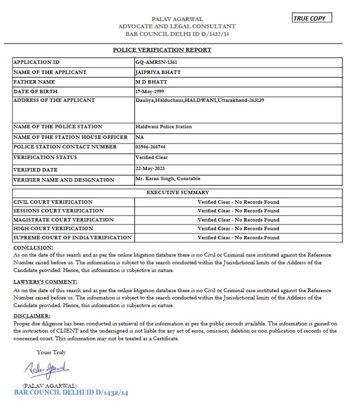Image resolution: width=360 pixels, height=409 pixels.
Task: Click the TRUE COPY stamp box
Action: (x=312, y=18)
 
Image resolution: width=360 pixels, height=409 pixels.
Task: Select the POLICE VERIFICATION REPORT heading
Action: (x=162, y=50)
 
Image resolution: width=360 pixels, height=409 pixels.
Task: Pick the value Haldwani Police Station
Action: (x=163, y=127)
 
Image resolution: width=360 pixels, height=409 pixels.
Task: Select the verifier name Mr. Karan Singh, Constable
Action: (x=168, y=179)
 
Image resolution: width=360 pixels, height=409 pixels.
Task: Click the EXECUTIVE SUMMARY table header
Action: (x=177, y=193)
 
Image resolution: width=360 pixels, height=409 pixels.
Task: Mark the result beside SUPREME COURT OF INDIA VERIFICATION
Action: (x=238, y=238)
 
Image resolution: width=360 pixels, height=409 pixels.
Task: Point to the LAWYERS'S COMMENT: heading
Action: (x=45, y=282)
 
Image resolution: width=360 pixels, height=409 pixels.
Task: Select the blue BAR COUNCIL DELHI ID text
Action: (x=71, y=393)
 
